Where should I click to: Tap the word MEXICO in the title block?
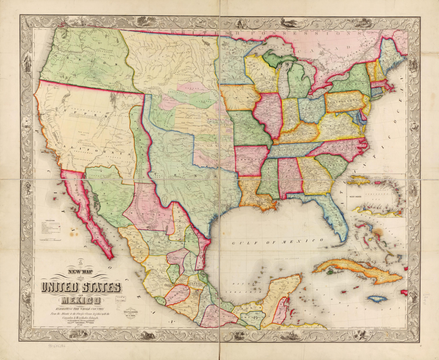point(81,300)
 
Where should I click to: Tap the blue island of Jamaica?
point(377,299)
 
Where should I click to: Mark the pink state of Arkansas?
point(250,161)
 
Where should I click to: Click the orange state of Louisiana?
point(253,191)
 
